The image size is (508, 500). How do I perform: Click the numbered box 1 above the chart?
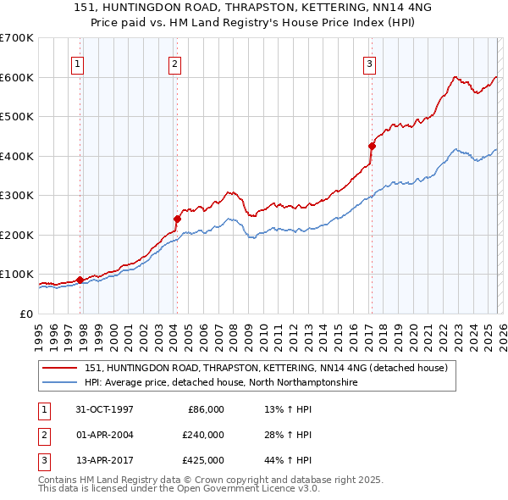point(77,63)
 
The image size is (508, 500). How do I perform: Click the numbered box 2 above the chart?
point(174,63)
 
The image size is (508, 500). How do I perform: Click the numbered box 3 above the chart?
point(370,63)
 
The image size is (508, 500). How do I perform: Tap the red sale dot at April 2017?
point(372,146)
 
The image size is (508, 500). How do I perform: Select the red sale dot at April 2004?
point(177,219)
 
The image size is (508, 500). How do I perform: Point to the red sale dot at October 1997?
point(80,280)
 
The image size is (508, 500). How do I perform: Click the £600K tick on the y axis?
point(17,77)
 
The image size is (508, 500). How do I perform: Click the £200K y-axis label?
point(17,235)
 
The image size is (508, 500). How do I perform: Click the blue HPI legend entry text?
point(221,383)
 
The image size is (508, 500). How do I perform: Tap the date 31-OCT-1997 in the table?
point(105,409)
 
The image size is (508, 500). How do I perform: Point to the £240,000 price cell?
point(203,435)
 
